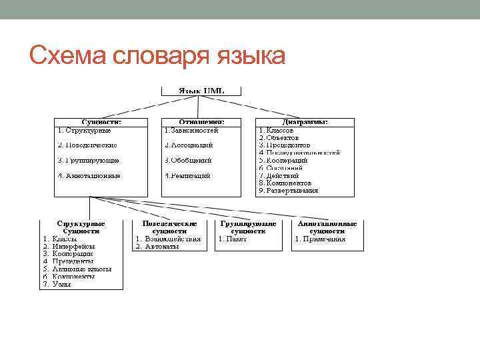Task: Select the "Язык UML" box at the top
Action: click(199, 90)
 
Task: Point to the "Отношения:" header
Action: click(200, 122)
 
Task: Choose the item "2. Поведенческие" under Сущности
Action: click(87, 145)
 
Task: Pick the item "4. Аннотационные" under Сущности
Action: click(89, 176)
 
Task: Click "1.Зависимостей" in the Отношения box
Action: click(191, 130)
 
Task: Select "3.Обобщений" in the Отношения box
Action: click(189, 160)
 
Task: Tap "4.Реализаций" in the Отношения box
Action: click(188, 176)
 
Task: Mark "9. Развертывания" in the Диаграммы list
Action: click(289, 191)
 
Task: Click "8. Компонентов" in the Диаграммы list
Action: click(285, 183)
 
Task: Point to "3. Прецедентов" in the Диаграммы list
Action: click(285, 145)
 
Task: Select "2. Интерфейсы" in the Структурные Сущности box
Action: click(69, 246)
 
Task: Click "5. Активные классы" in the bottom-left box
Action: click(77, 269)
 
